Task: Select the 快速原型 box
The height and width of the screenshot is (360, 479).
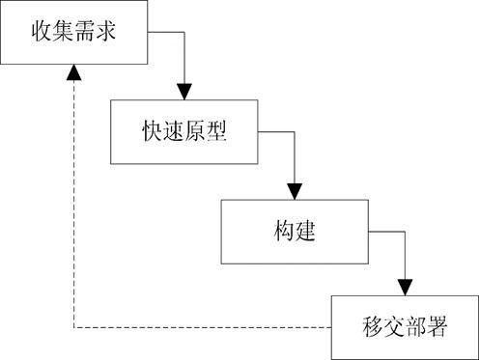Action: pos(183,131)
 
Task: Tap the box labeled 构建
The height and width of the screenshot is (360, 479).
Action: pos(295,232)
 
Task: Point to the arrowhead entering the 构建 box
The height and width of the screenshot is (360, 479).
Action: pos(296,190)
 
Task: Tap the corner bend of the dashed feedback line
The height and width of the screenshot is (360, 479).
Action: pos(73,327)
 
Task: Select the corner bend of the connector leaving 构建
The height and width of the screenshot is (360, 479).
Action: pos(406,233)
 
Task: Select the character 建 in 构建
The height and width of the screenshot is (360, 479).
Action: pos(306,233)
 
